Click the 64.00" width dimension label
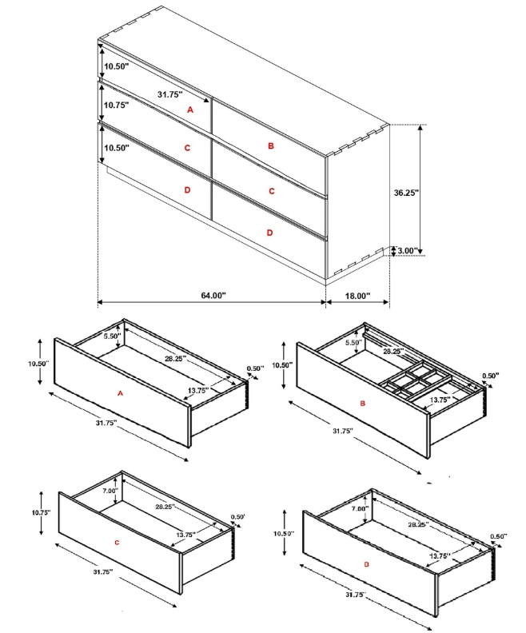(213, 296)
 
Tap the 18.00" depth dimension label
(357, 296)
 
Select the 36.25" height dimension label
(407, 193)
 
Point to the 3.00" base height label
(408, 251)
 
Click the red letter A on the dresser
(190, 109)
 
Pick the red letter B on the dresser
(271, 145)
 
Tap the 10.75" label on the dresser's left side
(116, 105)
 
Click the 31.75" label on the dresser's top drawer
(170, 94)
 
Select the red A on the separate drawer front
(120, 392)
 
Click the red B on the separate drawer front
(362, 403)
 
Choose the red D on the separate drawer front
(366, 564)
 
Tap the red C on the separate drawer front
(117, 543)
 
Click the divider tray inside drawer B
(416, 381)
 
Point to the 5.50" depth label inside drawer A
(112, 336)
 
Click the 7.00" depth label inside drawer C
(110, 491)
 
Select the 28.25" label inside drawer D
(418, 524)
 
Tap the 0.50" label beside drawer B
(491, 376)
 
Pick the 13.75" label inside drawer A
(198, 390)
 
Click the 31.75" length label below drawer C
(103, 571)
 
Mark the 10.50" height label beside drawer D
(284, 533)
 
